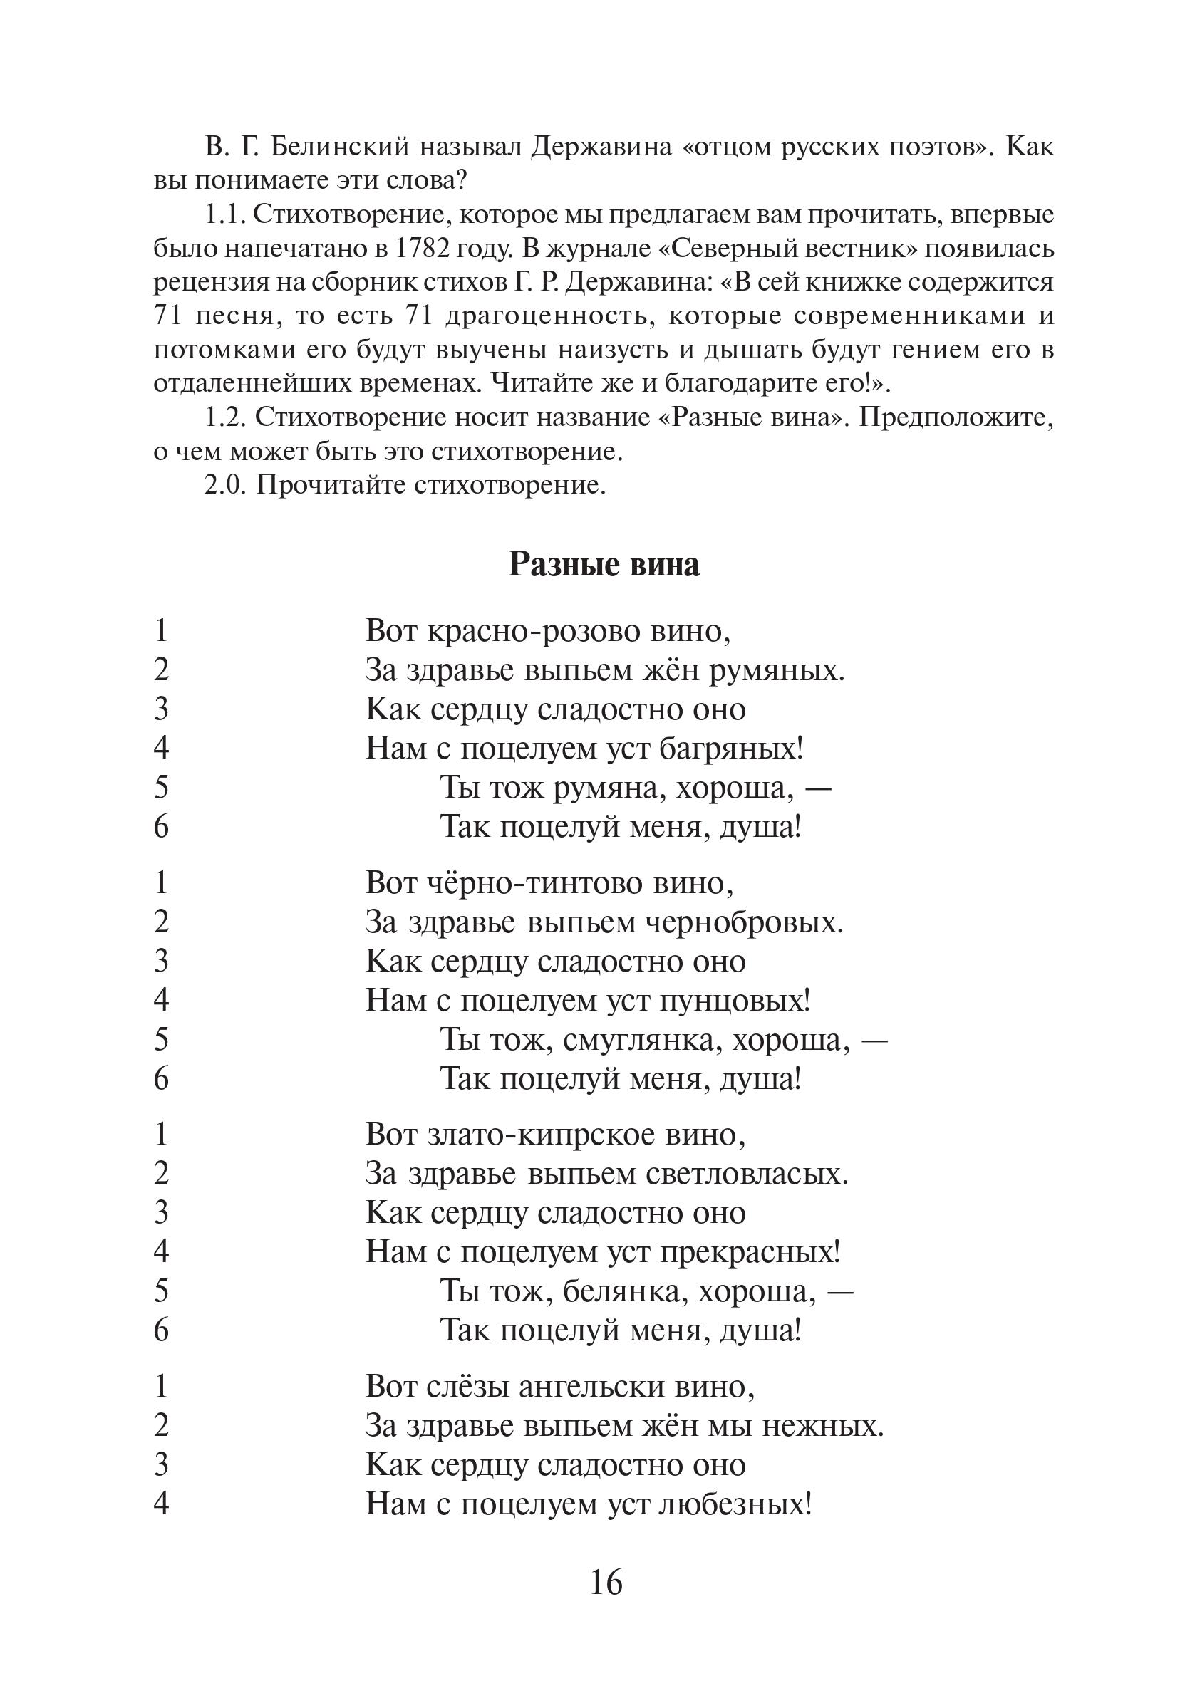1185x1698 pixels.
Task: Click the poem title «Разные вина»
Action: (604, 566)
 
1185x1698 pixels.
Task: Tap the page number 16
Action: (606, 1583)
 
